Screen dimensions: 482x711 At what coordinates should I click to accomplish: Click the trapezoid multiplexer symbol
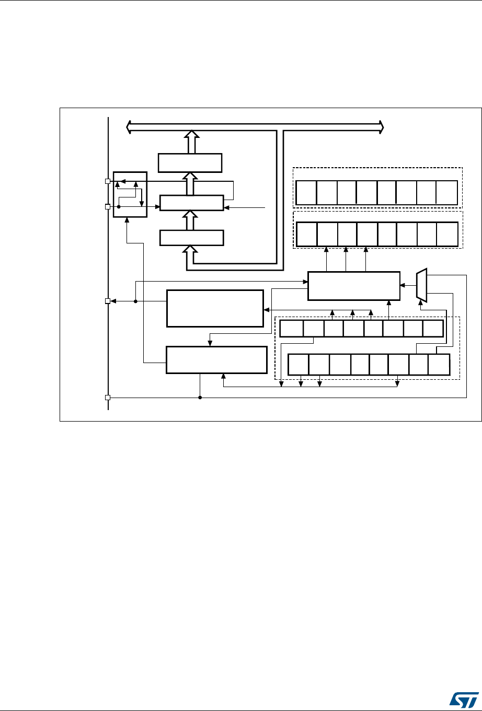(422, 286)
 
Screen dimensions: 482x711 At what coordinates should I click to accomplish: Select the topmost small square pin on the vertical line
(108, 181)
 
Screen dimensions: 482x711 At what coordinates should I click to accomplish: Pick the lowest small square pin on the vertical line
(108, 398)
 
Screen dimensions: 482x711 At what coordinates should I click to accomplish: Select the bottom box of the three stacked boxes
(192, 238)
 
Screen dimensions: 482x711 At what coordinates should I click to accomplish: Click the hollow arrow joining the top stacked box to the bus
(192, 142)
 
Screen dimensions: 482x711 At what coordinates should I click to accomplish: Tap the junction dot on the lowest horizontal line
(200, 398)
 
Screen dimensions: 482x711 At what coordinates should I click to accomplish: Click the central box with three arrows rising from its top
(353, 286)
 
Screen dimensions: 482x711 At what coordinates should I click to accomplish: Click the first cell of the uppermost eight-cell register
(306, 193)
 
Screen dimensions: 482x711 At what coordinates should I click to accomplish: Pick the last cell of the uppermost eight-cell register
(447, 193)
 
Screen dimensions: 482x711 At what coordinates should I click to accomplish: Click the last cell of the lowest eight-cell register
(439, 364)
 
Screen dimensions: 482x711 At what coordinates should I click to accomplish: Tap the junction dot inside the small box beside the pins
(119, 206)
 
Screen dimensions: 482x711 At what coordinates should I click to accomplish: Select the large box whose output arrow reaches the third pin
(215, 308)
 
